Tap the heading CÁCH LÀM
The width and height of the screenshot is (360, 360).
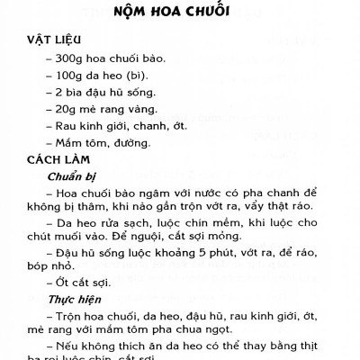[x=54, y=159]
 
